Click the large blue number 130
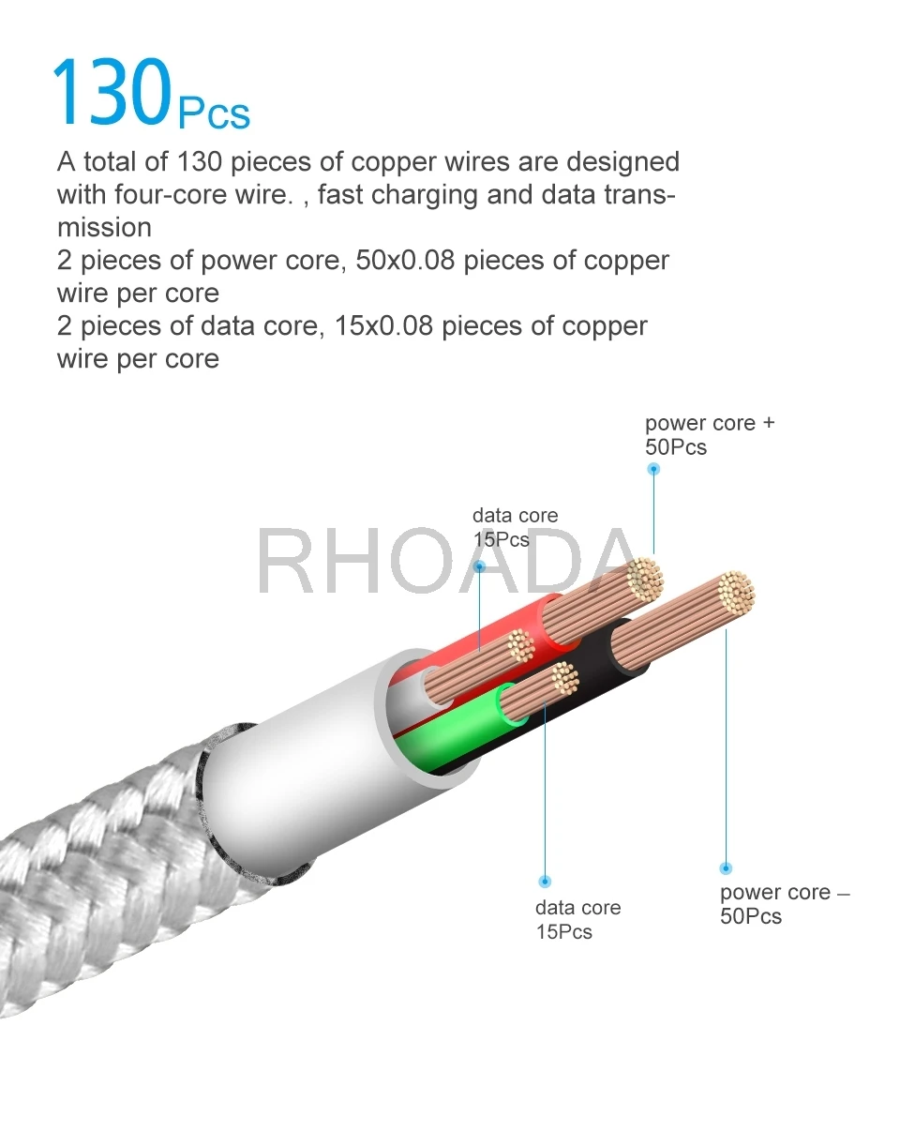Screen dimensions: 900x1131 pos(111,94)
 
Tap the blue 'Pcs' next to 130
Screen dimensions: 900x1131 pos(214,113)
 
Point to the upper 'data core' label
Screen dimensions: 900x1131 pos(515,516)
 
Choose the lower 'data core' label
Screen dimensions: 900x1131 pos(577,908)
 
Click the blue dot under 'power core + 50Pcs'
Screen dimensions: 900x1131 pos(654,469)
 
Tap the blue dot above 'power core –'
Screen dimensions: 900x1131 pos(726,868)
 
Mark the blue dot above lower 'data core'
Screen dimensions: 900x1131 pos(546,882)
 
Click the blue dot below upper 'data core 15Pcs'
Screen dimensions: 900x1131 pos(479,566)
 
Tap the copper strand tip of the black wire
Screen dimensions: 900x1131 pos(735,592)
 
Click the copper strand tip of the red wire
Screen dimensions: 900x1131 pos(645,579)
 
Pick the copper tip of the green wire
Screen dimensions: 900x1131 pos(562,677)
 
